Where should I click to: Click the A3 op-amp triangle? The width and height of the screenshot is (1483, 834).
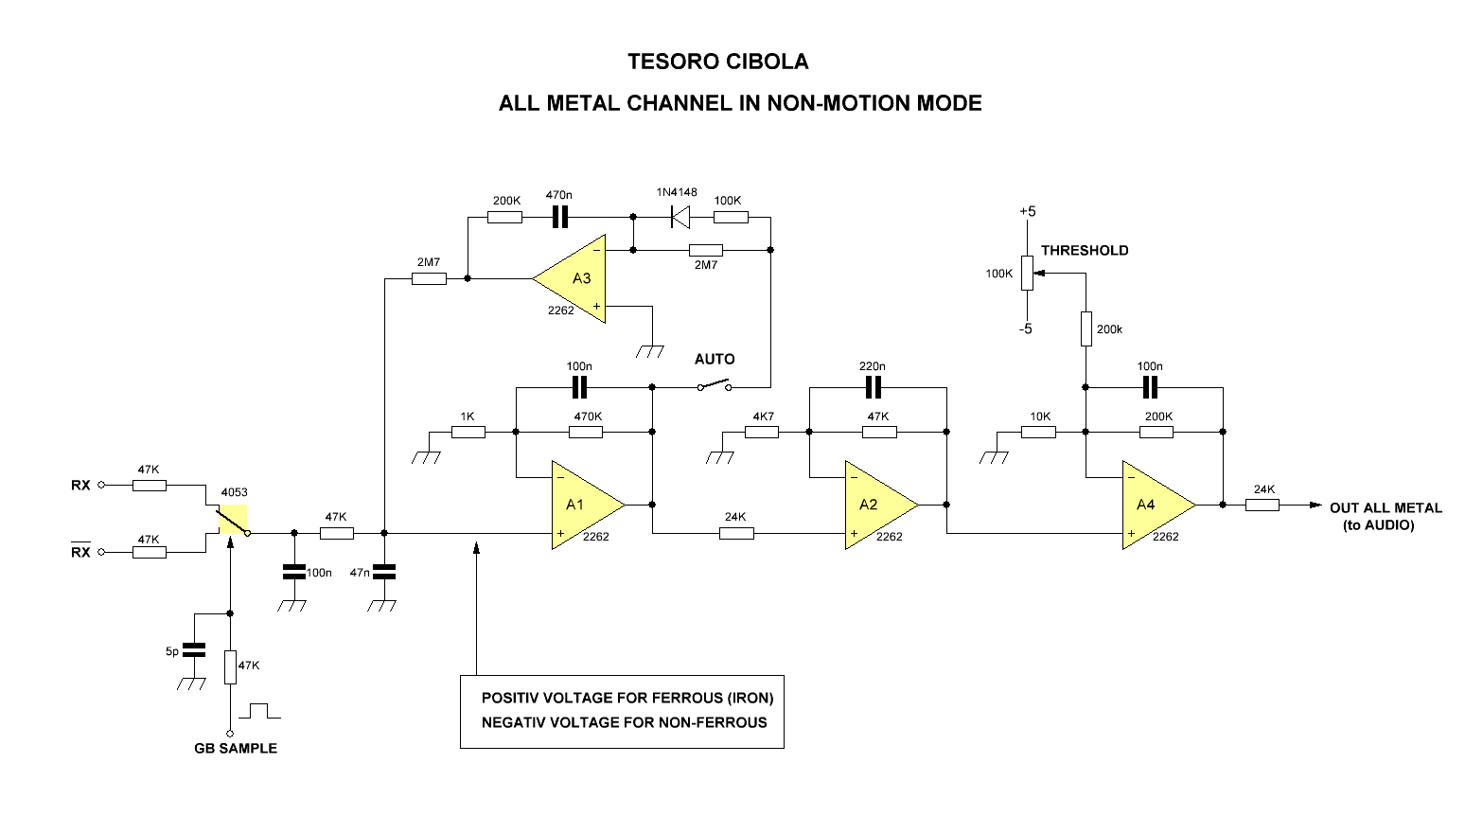[x=575, y=278]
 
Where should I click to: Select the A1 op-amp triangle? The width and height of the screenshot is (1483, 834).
[x=582, y=506]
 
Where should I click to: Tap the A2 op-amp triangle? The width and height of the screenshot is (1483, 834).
[x=875, y=506]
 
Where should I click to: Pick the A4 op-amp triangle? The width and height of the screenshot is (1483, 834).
[x=1153, y=506]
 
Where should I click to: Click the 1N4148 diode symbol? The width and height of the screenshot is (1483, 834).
[x=679, y=218]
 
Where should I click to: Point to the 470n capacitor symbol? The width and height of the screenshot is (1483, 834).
[x=559, y=218]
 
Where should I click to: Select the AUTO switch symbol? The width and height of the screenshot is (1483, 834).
[x=715, y=386]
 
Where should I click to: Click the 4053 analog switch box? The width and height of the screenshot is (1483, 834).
[x=233, y=520]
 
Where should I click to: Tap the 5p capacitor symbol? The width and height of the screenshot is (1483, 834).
[x=194, y=650]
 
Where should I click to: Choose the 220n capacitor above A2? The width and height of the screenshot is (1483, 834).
[x=873, y=387]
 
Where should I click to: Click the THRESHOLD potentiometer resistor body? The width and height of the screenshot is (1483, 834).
[x=1027, y=274]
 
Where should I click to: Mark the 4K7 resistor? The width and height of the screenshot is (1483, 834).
[x=762, y=432]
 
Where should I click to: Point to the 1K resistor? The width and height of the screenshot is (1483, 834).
[x=468, y=432]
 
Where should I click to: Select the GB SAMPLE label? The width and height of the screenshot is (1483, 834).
[x=236, y=748]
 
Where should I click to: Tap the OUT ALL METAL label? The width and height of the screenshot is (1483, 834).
[x=1386, y=508]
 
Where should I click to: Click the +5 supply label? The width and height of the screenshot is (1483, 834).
[x=1027, y=211]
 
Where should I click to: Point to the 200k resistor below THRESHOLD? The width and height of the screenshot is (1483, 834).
[x=1086, y=329]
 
